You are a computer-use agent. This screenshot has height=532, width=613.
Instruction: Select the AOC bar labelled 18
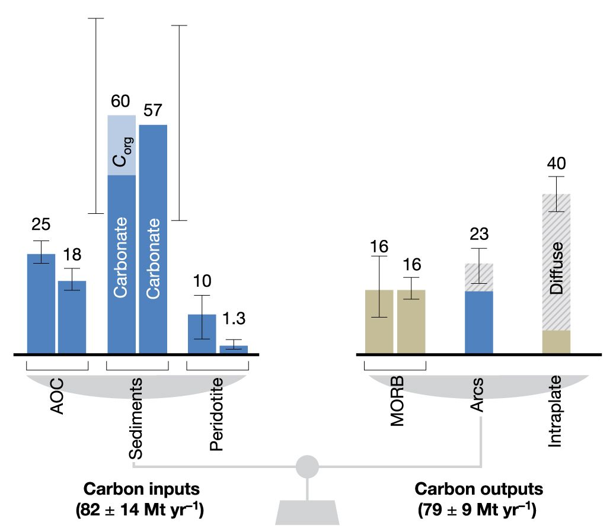point(72,317)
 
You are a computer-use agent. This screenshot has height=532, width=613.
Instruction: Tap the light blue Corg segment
point(122,146)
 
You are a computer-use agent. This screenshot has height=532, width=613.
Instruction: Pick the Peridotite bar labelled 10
point(202,334)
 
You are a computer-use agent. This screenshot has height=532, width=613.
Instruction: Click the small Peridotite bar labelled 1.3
point(234,349)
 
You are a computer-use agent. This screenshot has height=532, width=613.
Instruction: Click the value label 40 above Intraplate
point(556,163)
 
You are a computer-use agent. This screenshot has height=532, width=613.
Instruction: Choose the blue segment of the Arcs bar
point(479,322)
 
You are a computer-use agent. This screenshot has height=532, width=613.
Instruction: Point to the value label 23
point(479,235)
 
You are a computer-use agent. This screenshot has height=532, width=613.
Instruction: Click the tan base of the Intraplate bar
point(556,342)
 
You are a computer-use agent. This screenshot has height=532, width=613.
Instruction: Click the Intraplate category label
point(555,418)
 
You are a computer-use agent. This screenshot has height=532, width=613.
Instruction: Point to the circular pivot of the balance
point(307,466)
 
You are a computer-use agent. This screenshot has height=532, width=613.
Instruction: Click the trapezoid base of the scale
point(307,512)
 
